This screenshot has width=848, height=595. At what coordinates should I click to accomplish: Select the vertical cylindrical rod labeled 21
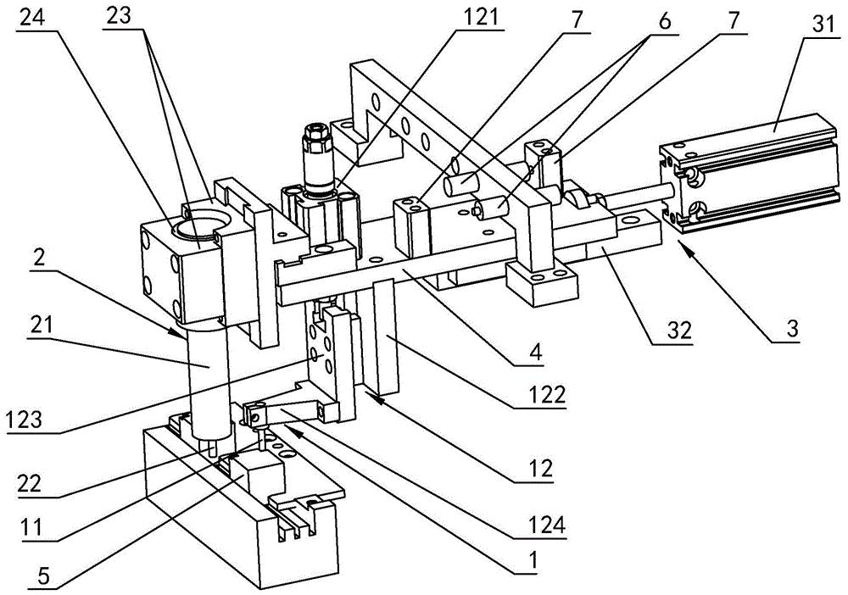pos(206,373)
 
